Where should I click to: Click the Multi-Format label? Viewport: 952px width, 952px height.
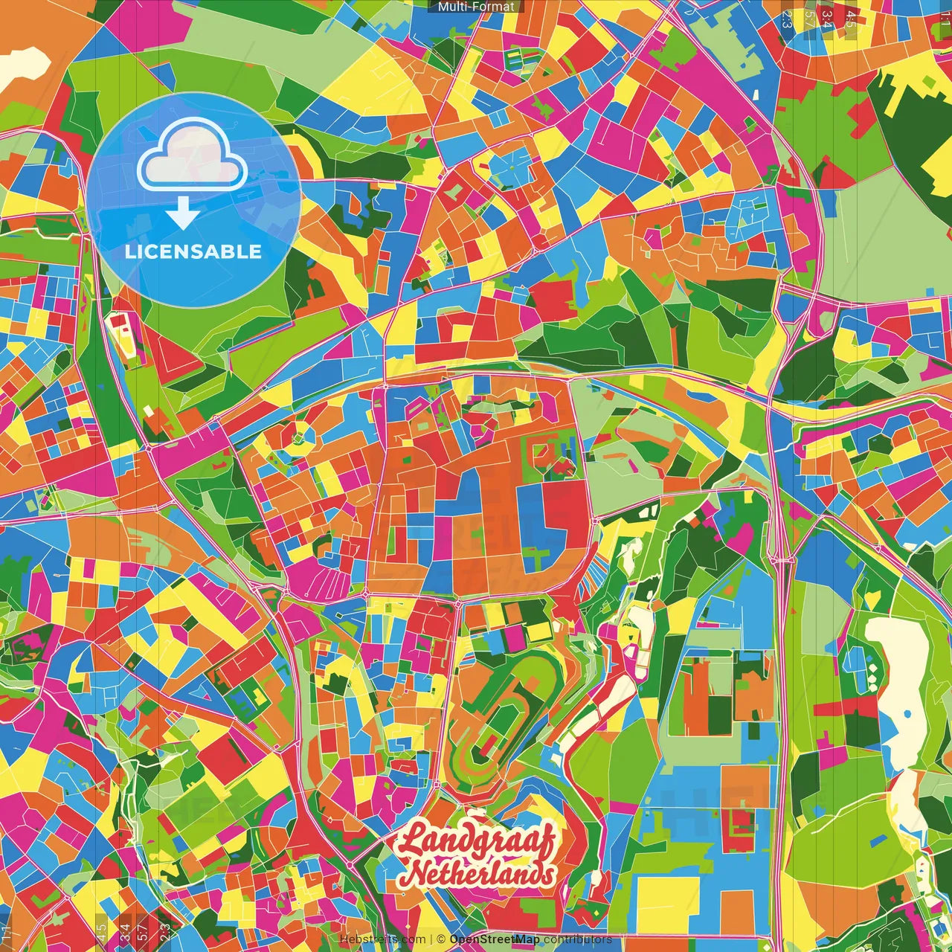[476, 7]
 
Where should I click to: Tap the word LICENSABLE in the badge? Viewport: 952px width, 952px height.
[193, 251]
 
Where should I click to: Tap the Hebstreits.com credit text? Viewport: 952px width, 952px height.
[383, 939]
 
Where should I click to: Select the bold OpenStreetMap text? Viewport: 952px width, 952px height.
[495, 939]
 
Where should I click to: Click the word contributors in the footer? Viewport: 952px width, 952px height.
[578, 939]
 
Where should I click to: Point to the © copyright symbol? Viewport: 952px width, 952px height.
[441, 939]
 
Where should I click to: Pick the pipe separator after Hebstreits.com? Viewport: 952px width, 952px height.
[431, 939]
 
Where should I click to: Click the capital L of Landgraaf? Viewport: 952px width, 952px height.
[412, 839]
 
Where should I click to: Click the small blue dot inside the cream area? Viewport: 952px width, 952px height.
[907, 714]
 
